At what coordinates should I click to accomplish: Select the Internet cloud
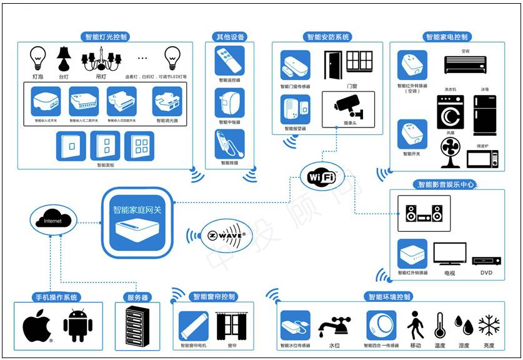click(x=53, y=220)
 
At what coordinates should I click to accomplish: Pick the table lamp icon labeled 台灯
click(x=64, y=59)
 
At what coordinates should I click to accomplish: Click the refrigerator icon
click(x=484, y=115)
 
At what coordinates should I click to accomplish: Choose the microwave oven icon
click(x=484, y=159)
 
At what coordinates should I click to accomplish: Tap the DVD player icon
click(x=486, y=260)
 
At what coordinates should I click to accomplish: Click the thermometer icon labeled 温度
click(x=440, y=326)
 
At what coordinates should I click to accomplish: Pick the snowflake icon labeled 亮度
click(x=489, y=326)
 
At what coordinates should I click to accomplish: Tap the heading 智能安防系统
click(x=328, y=37)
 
